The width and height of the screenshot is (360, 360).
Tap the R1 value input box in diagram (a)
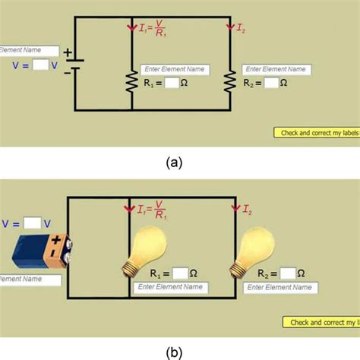point(172,84)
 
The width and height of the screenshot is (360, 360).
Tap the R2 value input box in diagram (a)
point(271,84)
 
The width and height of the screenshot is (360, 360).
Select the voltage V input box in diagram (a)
point(43,65)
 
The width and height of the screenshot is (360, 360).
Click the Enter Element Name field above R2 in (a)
point(276,69)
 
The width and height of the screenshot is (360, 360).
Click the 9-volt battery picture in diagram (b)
point(42,250)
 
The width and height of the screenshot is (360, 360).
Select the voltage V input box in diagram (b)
point(31,223)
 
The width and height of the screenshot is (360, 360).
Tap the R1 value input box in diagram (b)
point(179,273)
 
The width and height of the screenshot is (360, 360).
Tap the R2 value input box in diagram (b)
point(287,273)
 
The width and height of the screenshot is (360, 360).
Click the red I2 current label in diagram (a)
point(241,30)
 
